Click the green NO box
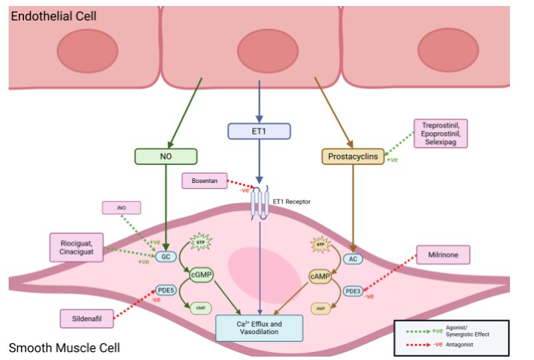[167, 156]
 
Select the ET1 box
[259, 131]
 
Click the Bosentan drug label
[204, 180]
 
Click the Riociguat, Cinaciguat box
[77, 246]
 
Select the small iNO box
[121, 208]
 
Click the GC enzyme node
[165, 255]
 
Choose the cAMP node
[320, 276]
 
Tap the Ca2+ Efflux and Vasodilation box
[260, 328]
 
